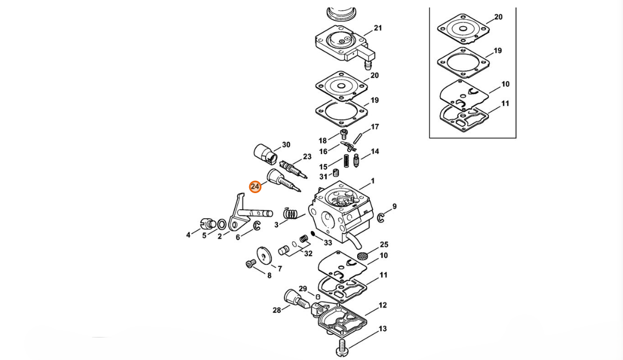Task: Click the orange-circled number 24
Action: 255,186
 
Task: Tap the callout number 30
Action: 286,144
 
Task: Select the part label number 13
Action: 382,328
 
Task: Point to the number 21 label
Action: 378,28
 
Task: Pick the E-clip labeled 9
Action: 381,218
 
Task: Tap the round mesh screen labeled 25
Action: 362,256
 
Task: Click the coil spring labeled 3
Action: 291,214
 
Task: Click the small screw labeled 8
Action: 250,264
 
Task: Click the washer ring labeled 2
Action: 222,225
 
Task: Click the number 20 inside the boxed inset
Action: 498,17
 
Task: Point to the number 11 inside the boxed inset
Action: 505,103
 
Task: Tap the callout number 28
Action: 277,310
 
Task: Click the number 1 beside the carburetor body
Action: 373,181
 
